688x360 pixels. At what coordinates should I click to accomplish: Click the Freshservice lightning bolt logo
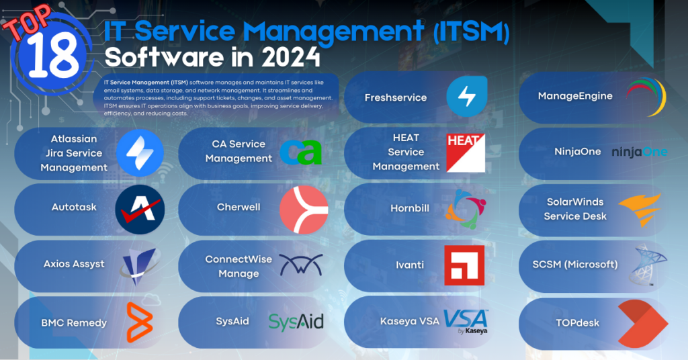click(467, 97)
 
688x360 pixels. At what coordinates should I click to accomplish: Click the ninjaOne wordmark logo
click(639, 152)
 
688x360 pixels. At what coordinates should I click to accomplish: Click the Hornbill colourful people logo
click(464, 208)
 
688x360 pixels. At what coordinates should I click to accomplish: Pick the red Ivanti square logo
click(464, 265)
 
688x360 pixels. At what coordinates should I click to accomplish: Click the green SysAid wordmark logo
click(296, 322)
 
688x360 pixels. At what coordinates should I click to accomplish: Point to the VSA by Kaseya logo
click(466, 321)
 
